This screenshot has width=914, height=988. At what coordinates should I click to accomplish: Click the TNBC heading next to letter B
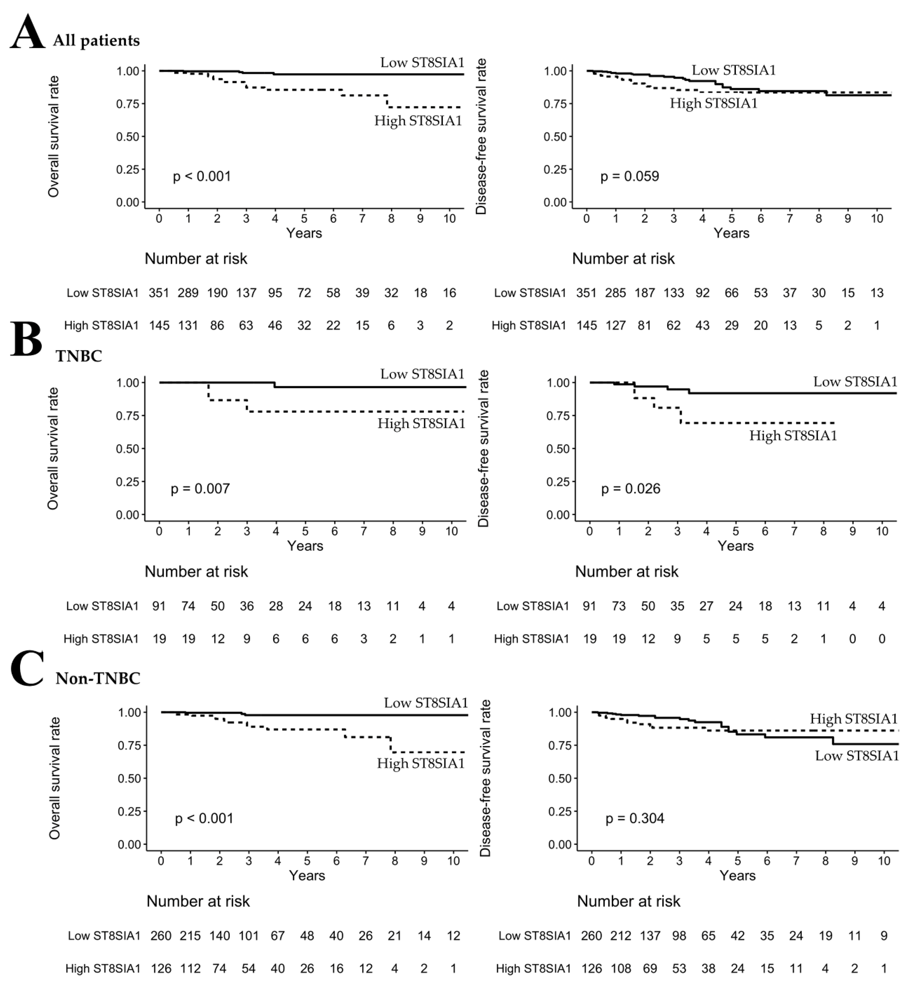(79, 356)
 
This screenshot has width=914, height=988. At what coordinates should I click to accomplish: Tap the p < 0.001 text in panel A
(202, 176)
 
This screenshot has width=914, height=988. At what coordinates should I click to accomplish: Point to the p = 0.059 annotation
(630, 176)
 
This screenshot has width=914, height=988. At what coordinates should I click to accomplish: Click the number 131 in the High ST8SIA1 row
(188, 325)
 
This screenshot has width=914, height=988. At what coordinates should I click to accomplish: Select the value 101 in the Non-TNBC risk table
(248, 936)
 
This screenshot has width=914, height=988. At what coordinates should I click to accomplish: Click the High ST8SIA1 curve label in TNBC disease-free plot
(793, 436)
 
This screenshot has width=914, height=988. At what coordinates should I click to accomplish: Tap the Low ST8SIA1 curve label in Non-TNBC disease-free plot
(857, 756)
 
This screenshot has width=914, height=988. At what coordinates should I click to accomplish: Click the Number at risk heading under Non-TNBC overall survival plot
(198, 901)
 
